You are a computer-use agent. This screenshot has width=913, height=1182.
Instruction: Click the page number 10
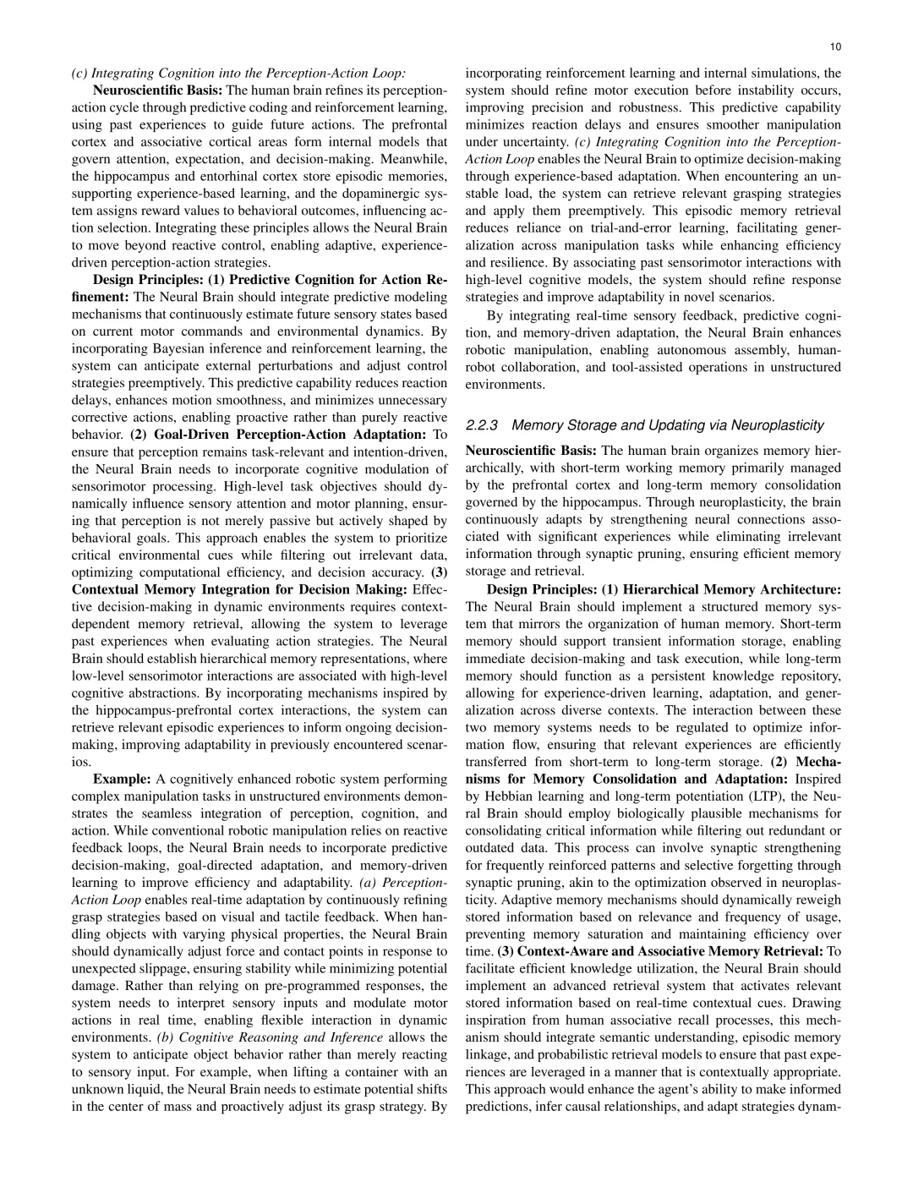(x=835, y=47)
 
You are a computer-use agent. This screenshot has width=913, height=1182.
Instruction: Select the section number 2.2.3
(x=484, y=424)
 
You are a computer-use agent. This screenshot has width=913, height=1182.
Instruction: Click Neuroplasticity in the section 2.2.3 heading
(x=777, y=424)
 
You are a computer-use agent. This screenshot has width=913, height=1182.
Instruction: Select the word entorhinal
(x=255, y=176)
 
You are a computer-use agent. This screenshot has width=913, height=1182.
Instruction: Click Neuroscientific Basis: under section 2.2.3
(x=531, y=451)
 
